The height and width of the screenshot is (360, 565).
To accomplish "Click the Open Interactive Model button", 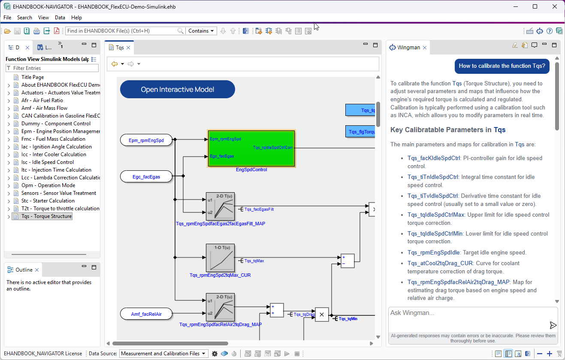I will tap(178, 89).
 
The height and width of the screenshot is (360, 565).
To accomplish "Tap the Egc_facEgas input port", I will tap(146, 176).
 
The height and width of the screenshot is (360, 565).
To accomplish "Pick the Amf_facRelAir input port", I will tap(146, 314).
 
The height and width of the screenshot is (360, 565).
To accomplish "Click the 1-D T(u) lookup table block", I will tap(220, 257).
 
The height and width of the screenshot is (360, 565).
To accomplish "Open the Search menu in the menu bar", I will tap(24, 18).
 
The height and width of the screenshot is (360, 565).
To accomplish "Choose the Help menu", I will tap(76, 18).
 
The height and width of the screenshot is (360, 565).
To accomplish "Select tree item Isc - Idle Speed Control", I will tap(48, 162).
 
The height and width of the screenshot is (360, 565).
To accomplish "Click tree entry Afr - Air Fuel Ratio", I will tap(42, 100).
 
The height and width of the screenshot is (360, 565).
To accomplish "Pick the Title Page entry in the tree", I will tap(33, 77).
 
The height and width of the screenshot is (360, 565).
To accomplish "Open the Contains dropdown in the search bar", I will tap(201, 31).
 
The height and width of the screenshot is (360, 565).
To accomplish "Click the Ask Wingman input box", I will tap(468, 313).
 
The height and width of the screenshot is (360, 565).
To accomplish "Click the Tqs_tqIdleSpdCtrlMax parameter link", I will tap(436, 215).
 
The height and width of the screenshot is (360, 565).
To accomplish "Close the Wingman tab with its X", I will tap(425, 48).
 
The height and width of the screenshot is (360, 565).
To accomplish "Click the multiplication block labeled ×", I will tap(322, 314).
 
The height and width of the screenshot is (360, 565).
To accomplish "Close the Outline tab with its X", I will tap(37, 270).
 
